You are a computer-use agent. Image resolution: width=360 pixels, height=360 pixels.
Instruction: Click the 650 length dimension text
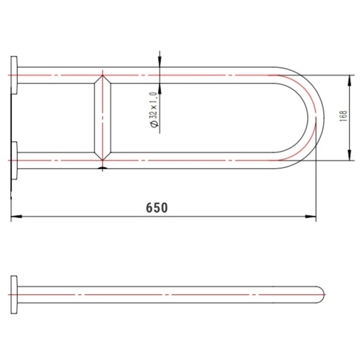coord(157,207)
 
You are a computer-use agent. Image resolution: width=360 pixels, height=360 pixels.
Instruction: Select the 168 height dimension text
coord(343,116)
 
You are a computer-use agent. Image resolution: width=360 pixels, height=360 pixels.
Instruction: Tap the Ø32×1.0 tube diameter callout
coord(154,109)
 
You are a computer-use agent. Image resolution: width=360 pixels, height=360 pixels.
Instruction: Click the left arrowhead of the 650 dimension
coord(16,216)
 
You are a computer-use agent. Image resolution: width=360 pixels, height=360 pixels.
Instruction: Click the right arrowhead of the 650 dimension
coord(311,216)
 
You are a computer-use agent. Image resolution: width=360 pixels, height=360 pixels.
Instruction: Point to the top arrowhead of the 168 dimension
coord(349,81)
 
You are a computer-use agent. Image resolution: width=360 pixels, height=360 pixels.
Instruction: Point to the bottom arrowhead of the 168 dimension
coord(349,155)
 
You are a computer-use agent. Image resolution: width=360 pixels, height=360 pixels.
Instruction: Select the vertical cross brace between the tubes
coord(103,118)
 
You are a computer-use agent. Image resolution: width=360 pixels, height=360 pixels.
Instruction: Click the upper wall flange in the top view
coord(14,75)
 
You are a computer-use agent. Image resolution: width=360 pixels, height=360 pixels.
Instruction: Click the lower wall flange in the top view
coord(14,160)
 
